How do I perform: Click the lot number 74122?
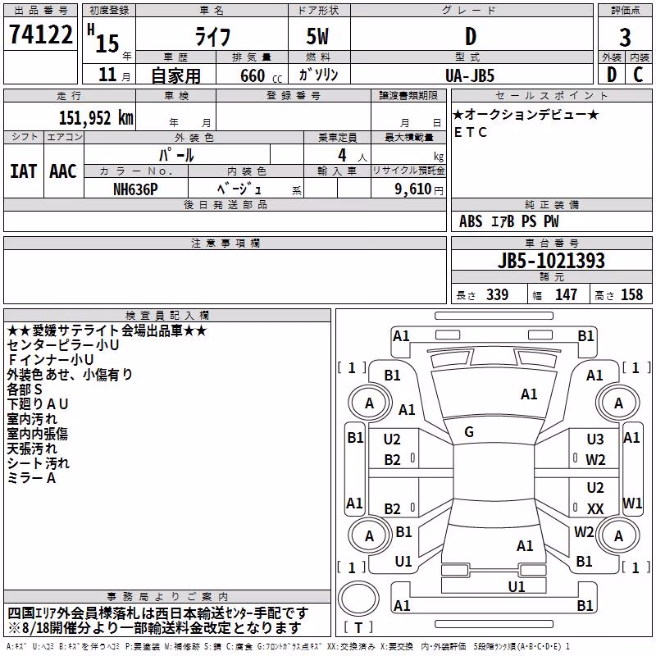tap(40, 34)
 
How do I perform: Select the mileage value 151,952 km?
tap(96, 118)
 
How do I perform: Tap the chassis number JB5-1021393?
tap(551, 261)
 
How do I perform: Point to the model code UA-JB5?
tap(470, 75)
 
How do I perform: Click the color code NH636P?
tap(135, 189)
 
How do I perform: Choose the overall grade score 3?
tap(625, 38)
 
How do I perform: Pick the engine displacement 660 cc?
tap(261, 76)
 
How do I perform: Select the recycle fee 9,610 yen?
tap(419, 189)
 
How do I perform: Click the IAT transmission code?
tap(24, 171)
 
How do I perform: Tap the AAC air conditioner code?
tap(63, 171)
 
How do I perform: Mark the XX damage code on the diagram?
tap(595, 508)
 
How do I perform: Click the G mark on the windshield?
tap(469, 432)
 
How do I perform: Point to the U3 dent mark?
tap(595, 440)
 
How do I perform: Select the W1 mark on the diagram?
tap(632, 503)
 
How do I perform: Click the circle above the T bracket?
tap(358, 599)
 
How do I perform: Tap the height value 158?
tap(631, 294)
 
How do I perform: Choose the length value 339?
tap(497, 294)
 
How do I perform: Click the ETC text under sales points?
tap(470, 132)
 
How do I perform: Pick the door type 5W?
tap(317, 36)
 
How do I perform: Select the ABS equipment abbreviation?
tap(471, 221)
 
